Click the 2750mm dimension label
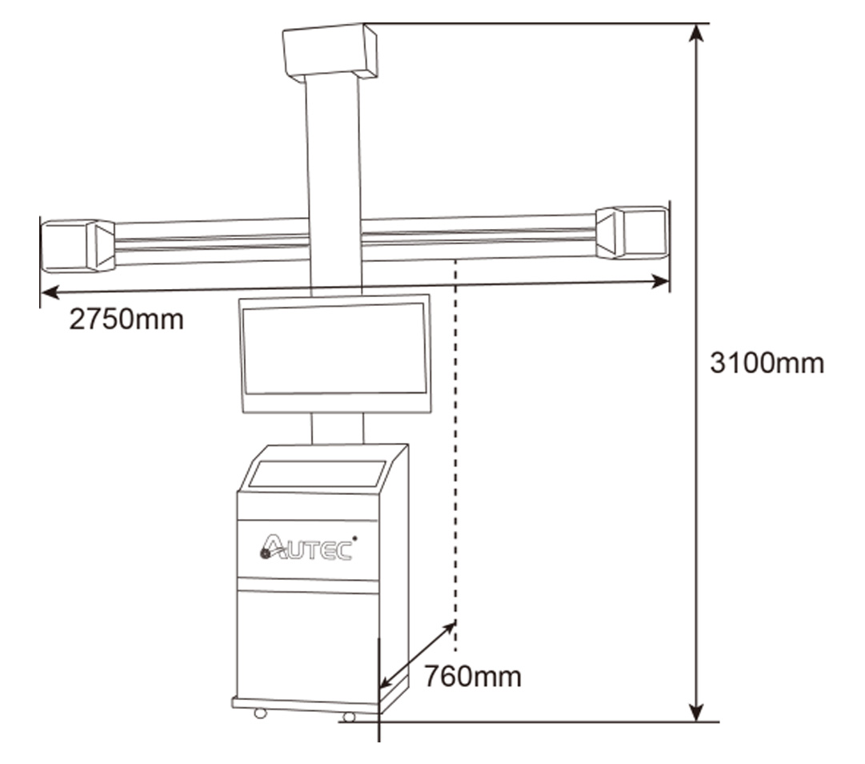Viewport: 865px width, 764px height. [x=126, y=320]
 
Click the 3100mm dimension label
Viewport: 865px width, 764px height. [x=767, y=363]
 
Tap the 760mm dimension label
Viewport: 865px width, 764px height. [x=472, y=677]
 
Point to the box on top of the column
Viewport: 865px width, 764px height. [x=329, y=50]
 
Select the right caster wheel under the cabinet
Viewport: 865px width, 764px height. [x=349, y=717]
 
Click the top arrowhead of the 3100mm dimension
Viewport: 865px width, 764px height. [x=698, y=32]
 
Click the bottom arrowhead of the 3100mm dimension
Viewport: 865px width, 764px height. [x=698, y=712]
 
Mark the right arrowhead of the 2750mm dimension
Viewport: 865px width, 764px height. [x=662, y=280]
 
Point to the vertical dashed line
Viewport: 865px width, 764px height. [x=455, y=448]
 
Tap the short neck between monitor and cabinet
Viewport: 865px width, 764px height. [x=337, y=428]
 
